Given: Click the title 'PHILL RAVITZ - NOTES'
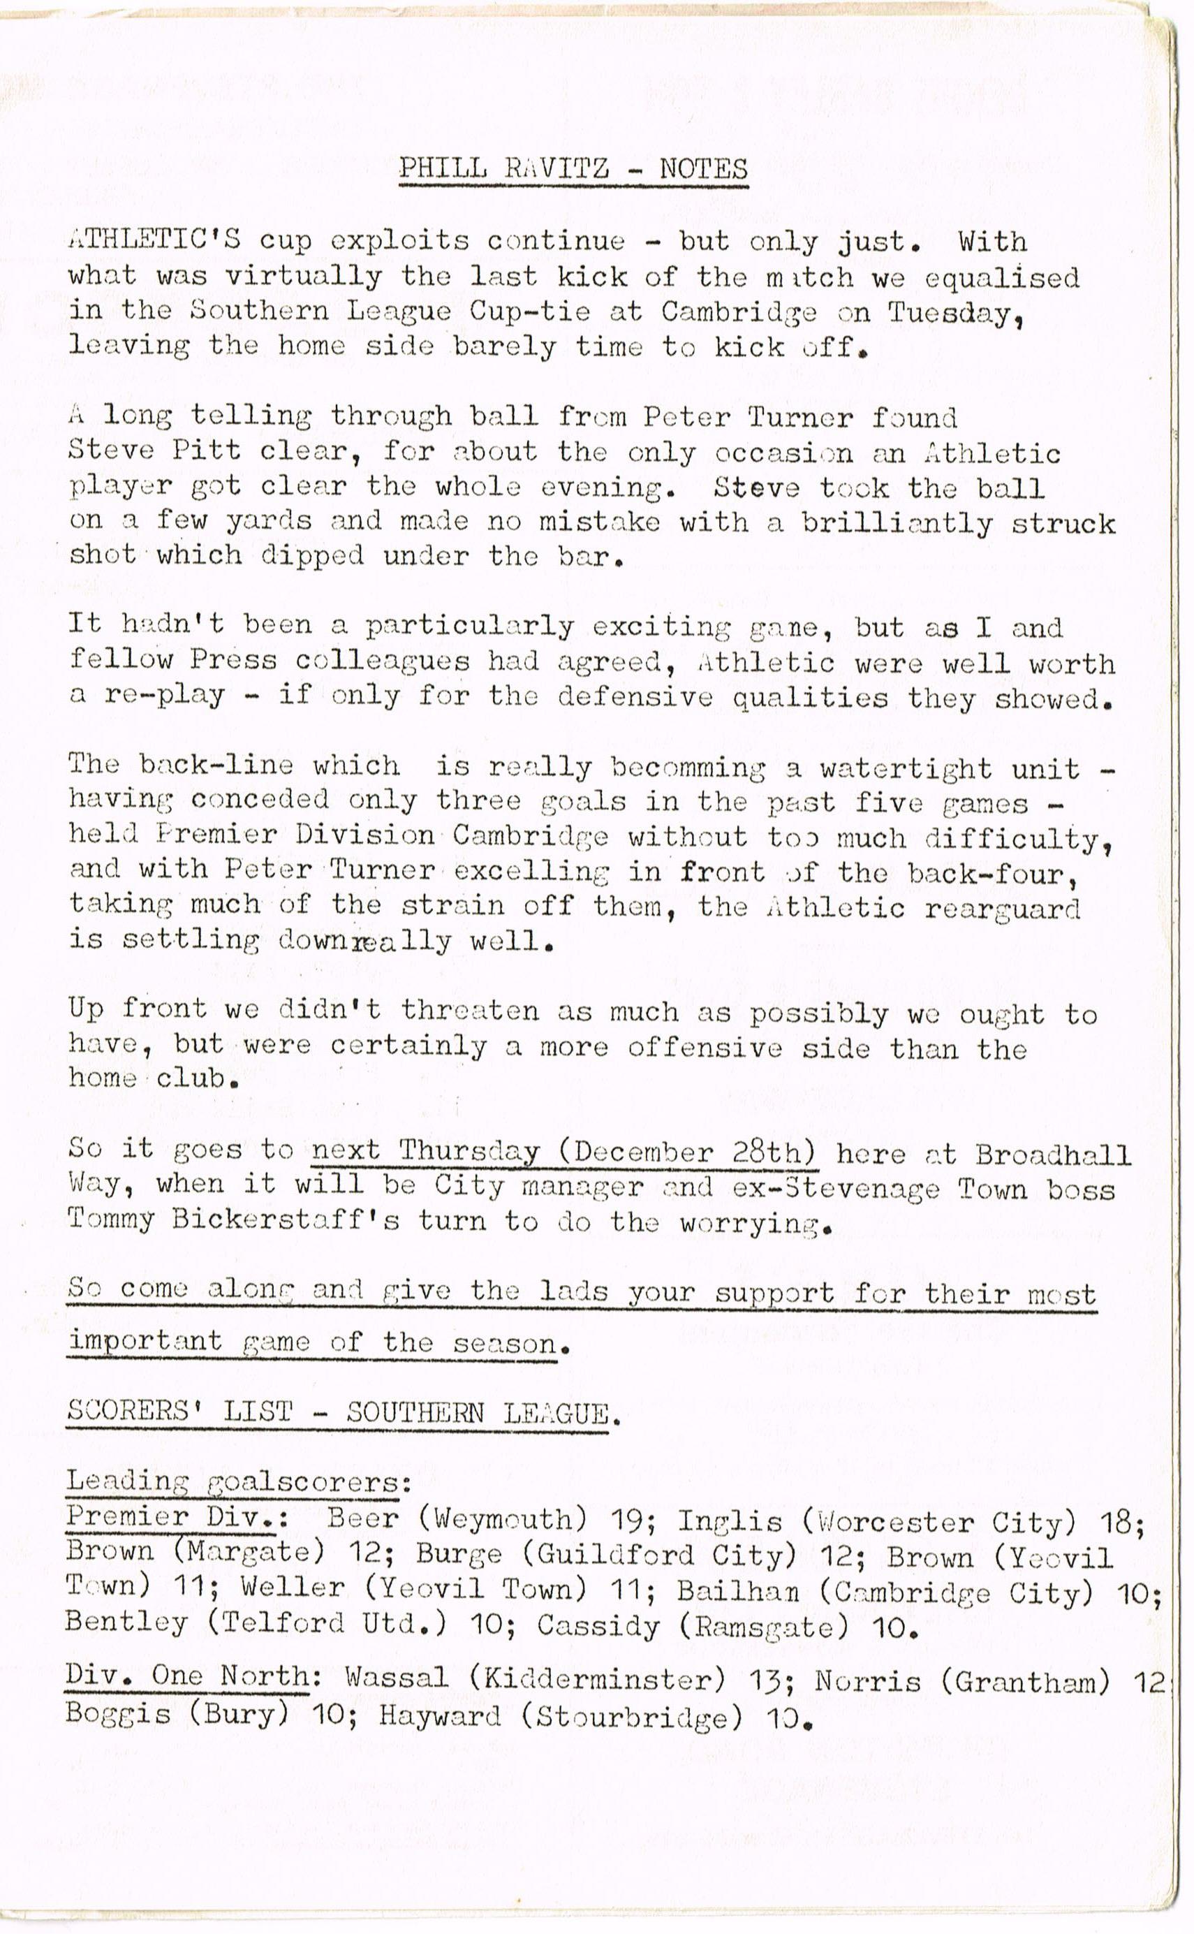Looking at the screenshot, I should [573, 168].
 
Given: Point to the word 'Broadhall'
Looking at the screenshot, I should [1053, 1155].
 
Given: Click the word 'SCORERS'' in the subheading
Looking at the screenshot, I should [134, 1411].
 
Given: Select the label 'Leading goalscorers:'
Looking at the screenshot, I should [239, 1481].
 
